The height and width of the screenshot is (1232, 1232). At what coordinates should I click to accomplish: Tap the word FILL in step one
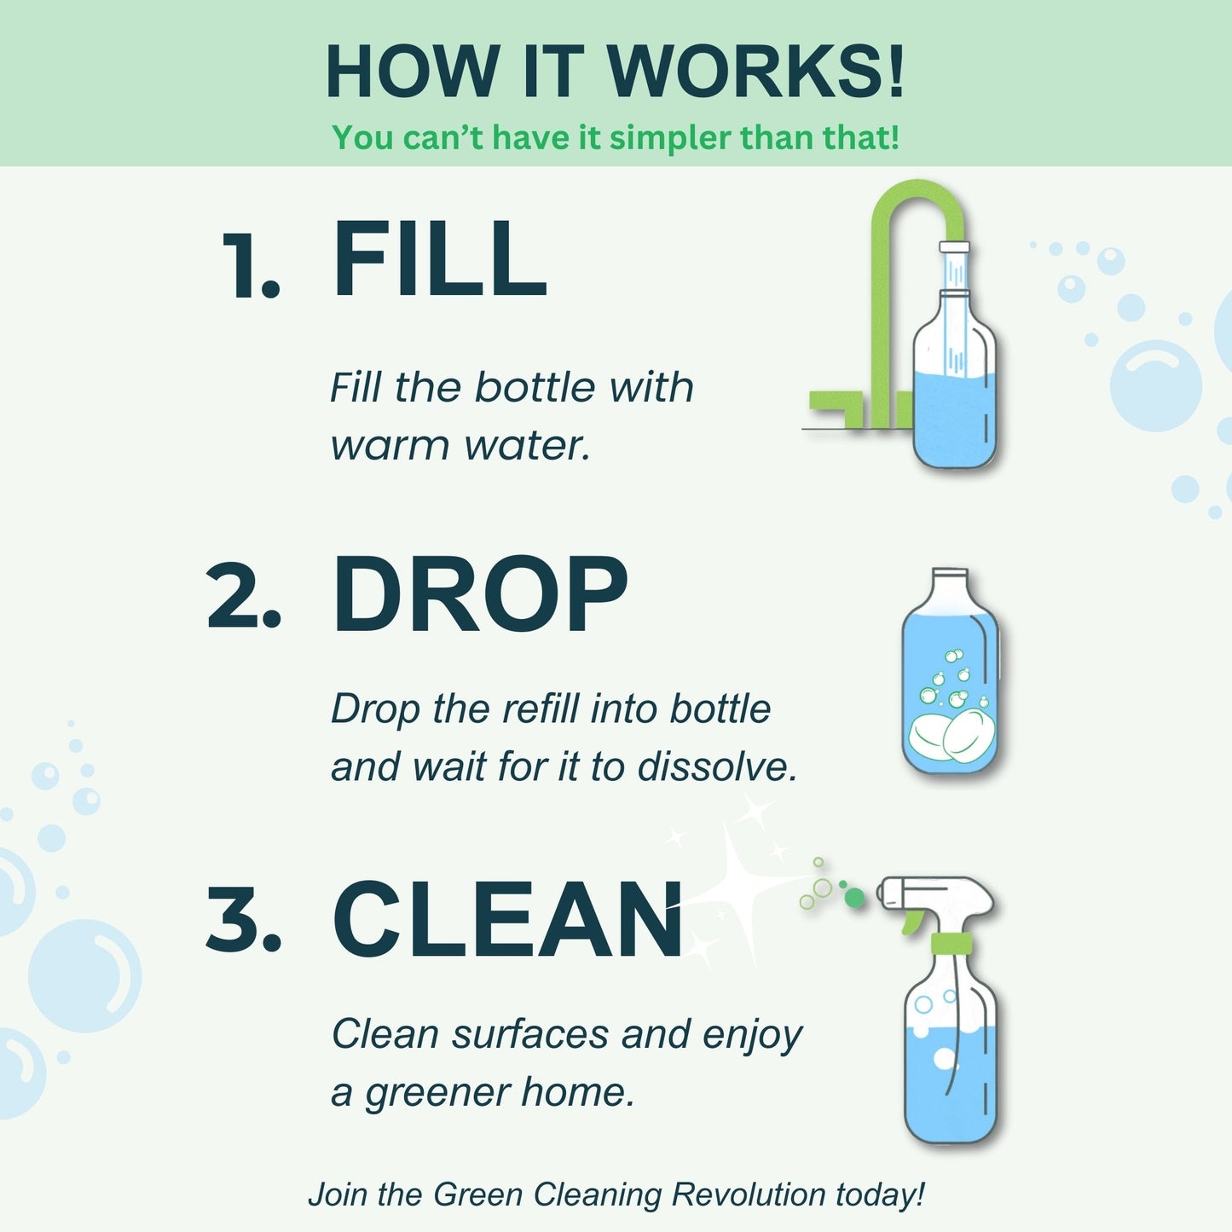(439, 259)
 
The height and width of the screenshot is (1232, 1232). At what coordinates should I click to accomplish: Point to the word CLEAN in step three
(507, 921)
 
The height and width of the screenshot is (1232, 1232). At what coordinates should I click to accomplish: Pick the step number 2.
(243, 597)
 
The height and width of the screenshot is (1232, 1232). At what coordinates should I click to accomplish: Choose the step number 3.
(243, 921)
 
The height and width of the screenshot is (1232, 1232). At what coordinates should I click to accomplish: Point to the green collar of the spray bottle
(950, 943)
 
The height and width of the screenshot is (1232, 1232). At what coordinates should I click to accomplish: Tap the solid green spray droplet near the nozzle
(854, 897)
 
